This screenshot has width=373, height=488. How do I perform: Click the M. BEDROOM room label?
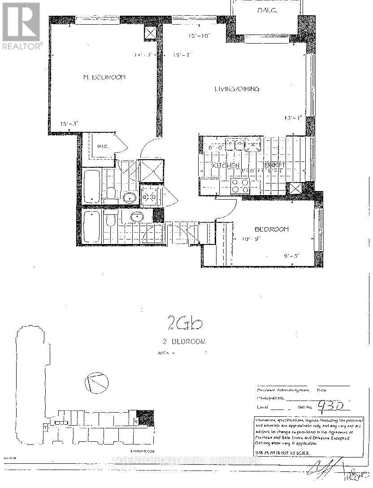[104, 77]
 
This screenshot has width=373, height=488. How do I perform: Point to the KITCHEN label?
[225, 166]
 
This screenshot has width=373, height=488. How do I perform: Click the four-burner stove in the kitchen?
[240, 185]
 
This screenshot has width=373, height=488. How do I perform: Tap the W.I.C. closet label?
[102, 145]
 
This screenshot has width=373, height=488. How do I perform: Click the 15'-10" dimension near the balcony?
[200, 35]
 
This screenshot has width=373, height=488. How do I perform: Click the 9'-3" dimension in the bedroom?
[291, 256]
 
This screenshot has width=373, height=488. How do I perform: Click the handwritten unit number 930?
[333, 406]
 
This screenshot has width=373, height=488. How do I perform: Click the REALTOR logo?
[22, 25]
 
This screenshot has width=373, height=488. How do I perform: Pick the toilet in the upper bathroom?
[111, 194]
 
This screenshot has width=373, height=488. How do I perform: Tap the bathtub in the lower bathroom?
[91, 227]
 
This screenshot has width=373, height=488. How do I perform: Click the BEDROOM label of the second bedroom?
[271, 230]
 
